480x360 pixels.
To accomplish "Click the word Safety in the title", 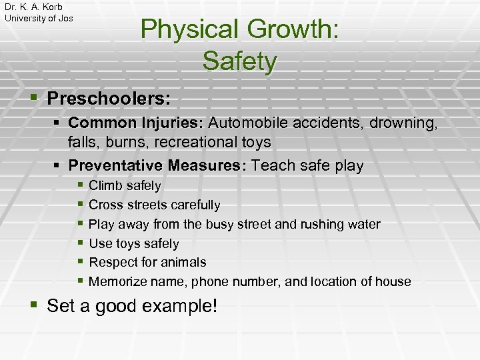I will [239, 61].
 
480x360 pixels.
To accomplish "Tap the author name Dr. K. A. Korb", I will [33, 7].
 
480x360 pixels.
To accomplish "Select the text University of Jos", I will [39, 18].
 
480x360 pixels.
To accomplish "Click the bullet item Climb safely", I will [125, 185].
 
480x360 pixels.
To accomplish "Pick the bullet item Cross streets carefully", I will [154, 205].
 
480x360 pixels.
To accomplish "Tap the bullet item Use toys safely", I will [133, 243].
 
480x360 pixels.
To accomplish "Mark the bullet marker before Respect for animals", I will [80, 261].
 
